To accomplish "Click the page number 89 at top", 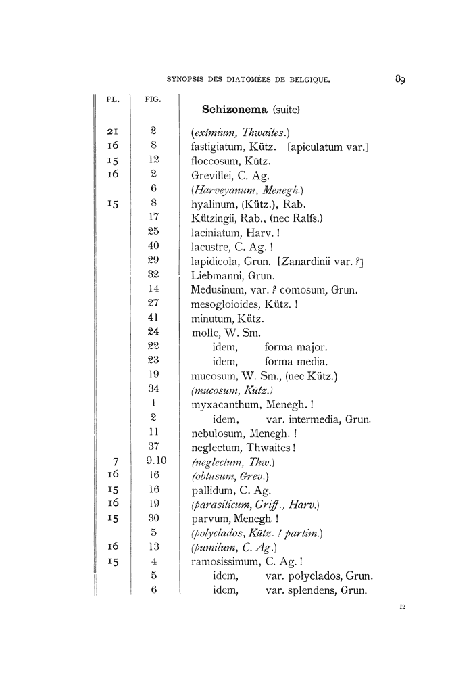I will [x=399, y=80].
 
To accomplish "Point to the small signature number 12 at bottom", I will [x=401, y=609].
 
